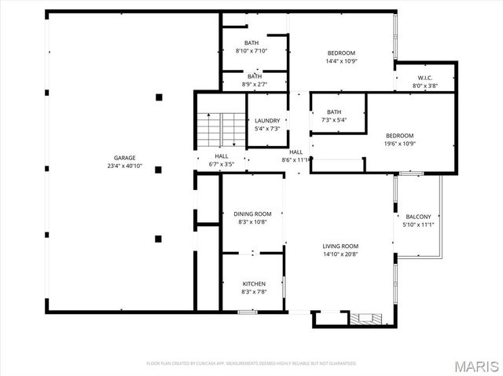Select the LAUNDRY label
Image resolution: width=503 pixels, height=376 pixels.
point(267,121)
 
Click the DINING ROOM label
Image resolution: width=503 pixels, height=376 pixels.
point(252,214)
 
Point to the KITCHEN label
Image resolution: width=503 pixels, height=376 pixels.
point(253,283)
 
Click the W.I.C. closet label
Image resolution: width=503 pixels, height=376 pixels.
point(425,78)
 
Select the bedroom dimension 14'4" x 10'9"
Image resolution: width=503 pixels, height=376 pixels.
point(340,61)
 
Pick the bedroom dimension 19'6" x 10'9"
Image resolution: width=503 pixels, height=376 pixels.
point(399,144)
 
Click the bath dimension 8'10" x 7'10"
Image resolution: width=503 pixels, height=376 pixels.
point(251,51)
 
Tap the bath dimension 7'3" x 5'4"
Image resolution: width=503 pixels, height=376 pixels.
point(335,120)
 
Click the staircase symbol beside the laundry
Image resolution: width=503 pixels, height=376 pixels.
point(222,128)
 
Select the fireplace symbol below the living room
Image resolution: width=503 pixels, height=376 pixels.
point(365,318)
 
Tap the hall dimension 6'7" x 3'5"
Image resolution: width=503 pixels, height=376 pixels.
point(222,165)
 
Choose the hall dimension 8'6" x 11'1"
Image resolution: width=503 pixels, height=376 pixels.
point(296,160)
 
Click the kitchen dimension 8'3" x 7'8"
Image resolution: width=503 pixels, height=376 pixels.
point(253,291)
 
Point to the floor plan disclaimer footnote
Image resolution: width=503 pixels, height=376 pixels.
point(251,363)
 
